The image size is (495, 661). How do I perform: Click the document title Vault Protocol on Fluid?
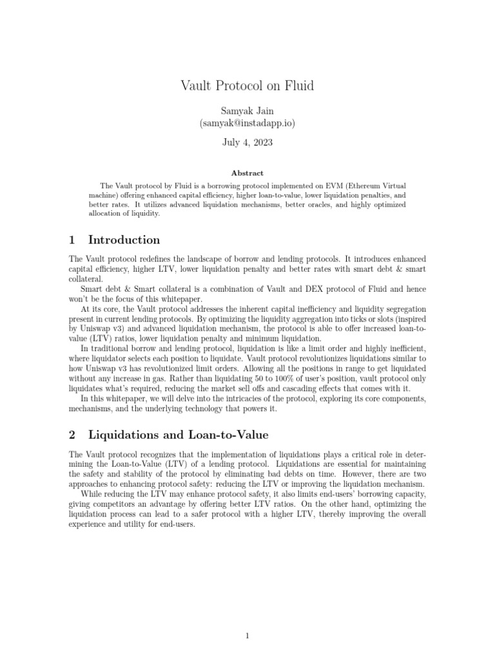click(x=247, y=85)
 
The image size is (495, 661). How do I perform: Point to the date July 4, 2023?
click(x=247, y=143)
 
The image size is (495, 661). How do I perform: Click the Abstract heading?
click(x=247, y=173)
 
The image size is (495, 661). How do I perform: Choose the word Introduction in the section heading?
click(x=124, y=240)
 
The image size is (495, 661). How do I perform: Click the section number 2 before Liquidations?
click(x=72, y=435)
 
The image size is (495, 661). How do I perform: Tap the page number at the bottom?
click(x=247, y=618)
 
